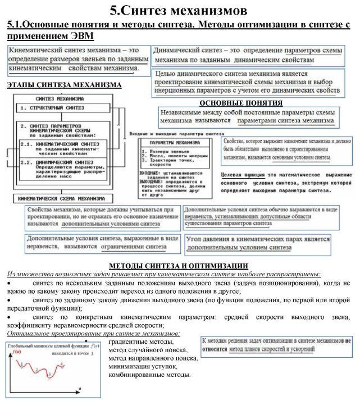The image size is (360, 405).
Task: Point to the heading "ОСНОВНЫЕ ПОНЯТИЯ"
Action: tap(241, 103)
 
